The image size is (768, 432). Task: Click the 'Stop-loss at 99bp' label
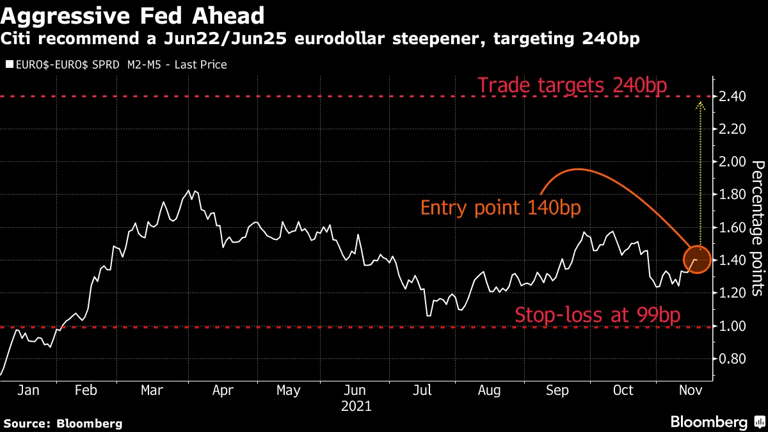(x=596, y=314)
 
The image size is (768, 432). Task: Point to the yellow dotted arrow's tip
(x=700, y=103)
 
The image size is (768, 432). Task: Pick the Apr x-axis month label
(x=223, y=390)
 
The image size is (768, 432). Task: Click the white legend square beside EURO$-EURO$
(x=8, y=65)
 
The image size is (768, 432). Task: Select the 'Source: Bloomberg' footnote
(x=63, y=423)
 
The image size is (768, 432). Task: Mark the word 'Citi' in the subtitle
(x=19, y=40)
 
